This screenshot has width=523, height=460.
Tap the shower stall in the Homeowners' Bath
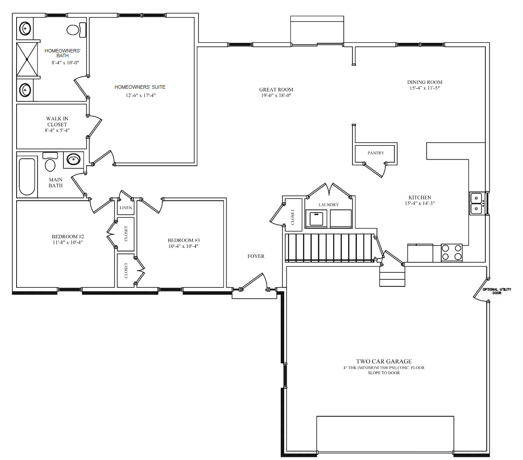click(27, 59)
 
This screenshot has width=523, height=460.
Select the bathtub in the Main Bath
click(27, 177)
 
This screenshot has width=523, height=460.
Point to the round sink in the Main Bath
click(73, 160)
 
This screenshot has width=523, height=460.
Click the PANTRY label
click(376, 153)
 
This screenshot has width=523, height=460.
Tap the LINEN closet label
click(126, 208)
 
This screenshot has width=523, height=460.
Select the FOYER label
click(256, 256)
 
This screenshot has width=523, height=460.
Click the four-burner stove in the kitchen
click(452, 252)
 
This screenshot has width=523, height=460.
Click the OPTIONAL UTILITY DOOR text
click(497, 291)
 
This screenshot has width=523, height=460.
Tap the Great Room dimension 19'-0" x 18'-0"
click(276, 95)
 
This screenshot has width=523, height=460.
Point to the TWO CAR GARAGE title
click(384, 361)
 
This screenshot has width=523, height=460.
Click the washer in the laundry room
click(316, 219)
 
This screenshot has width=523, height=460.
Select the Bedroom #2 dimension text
click(67, 243)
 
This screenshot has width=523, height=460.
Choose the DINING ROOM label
click(425, 82)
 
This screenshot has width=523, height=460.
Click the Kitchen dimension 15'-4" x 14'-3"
click(420, 203)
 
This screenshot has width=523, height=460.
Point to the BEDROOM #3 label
click(184, 240)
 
